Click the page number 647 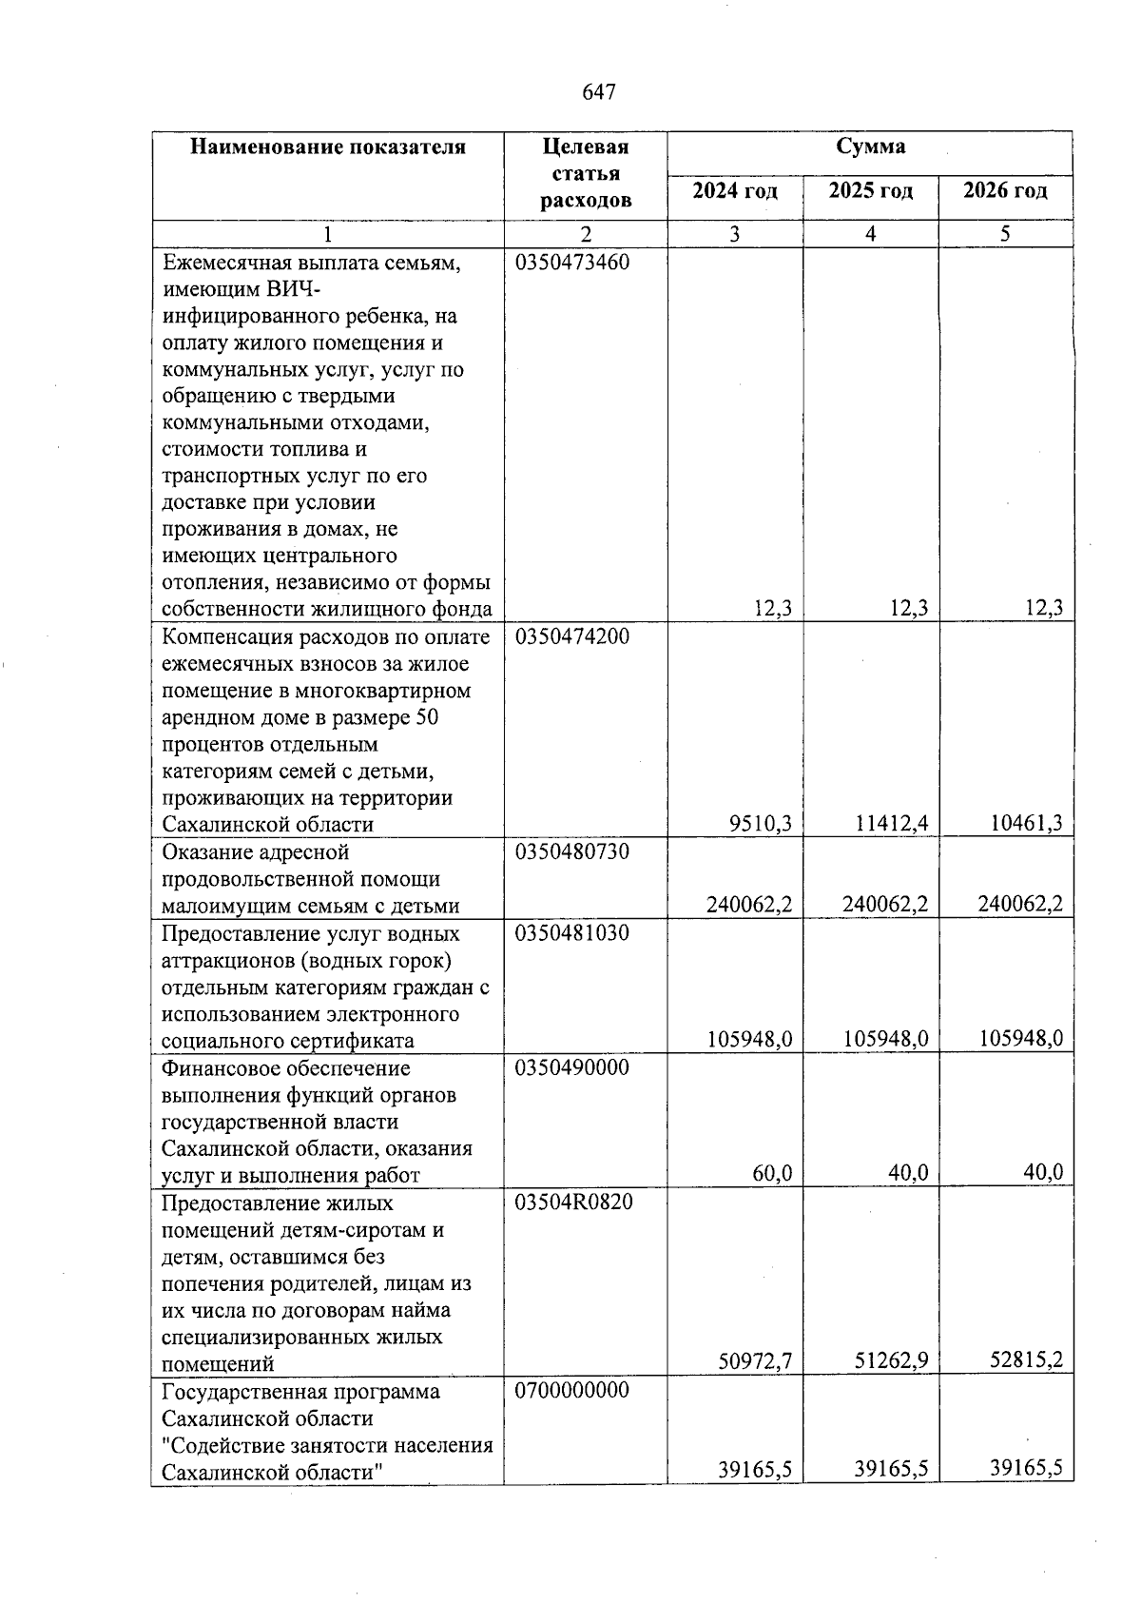click(598, 92)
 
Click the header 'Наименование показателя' click(328, 147)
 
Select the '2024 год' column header click(734, 191)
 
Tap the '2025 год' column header click(870, 191)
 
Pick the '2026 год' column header click(1005, 191)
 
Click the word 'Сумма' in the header click(870, 147)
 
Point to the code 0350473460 click(572, 263)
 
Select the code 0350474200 click(572, 636)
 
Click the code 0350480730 click(572, 851)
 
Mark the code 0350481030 click(572, 933)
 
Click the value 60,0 click(772, 1174)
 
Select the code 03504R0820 click(572, 1203)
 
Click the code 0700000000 click(572, 1391)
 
